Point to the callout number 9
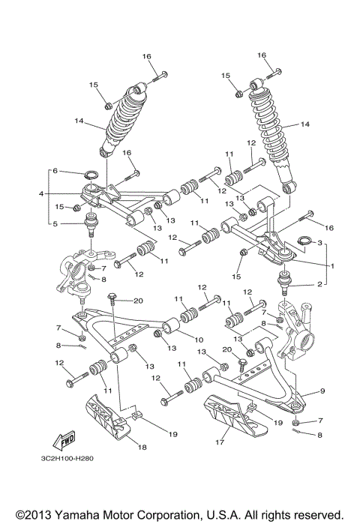point(322,391)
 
